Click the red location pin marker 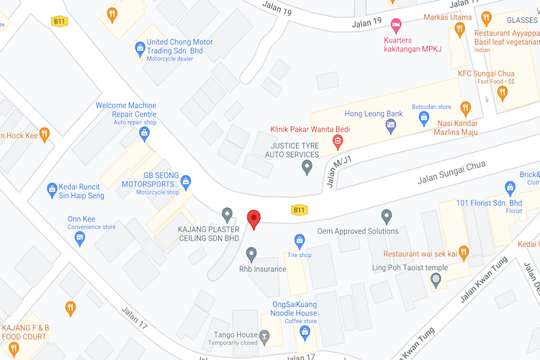pos(253,219)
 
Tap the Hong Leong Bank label pos(374,114)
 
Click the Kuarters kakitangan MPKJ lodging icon pos(395,24)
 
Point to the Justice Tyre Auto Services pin pos(307,168)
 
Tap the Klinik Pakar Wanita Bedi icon pos(336,142)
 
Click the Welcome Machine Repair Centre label pos(125,110)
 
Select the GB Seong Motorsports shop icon pos(186,181)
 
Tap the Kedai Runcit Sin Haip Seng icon pos(52,190)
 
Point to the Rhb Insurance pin pos(251,253)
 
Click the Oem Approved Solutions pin pos(387,215)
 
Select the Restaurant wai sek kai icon pos(464,253)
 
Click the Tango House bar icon pos(264,335)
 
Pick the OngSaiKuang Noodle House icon pos(305,330)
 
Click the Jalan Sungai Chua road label pos(451,173)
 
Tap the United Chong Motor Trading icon pos(140,49)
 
